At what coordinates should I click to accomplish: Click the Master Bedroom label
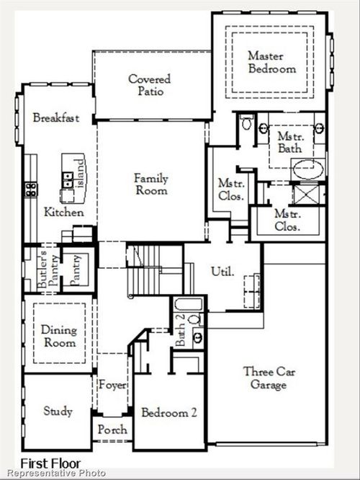(272, 62)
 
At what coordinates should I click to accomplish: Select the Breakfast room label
(55, 118)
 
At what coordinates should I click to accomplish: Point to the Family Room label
(151, 185)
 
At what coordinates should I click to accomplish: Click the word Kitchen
(63, 213)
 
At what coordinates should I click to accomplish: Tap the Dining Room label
(58, 336)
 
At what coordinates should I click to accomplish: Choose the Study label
(58, 412)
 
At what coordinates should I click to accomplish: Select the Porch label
(113, 430)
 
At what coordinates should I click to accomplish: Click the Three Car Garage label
(265, 378)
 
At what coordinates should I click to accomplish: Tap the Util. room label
(221, 272)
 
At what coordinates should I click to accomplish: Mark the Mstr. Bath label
(291, 142)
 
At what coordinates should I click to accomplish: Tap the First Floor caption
(50, 463)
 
